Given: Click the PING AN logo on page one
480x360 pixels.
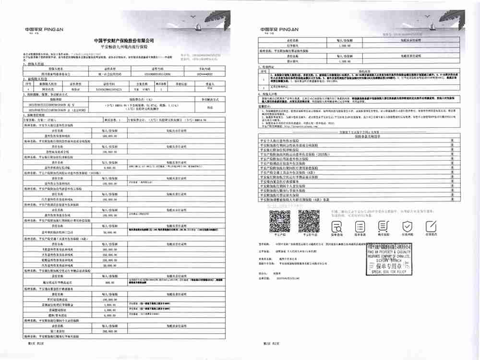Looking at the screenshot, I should point(44,29).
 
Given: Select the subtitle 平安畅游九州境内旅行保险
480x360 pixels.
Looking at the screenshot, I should point(124,47).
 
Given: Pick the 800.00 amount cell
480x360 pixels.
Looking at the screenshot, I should point(110,282).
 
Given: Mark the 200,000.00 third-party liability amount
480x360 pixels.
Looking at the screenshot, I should point(110,331).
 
